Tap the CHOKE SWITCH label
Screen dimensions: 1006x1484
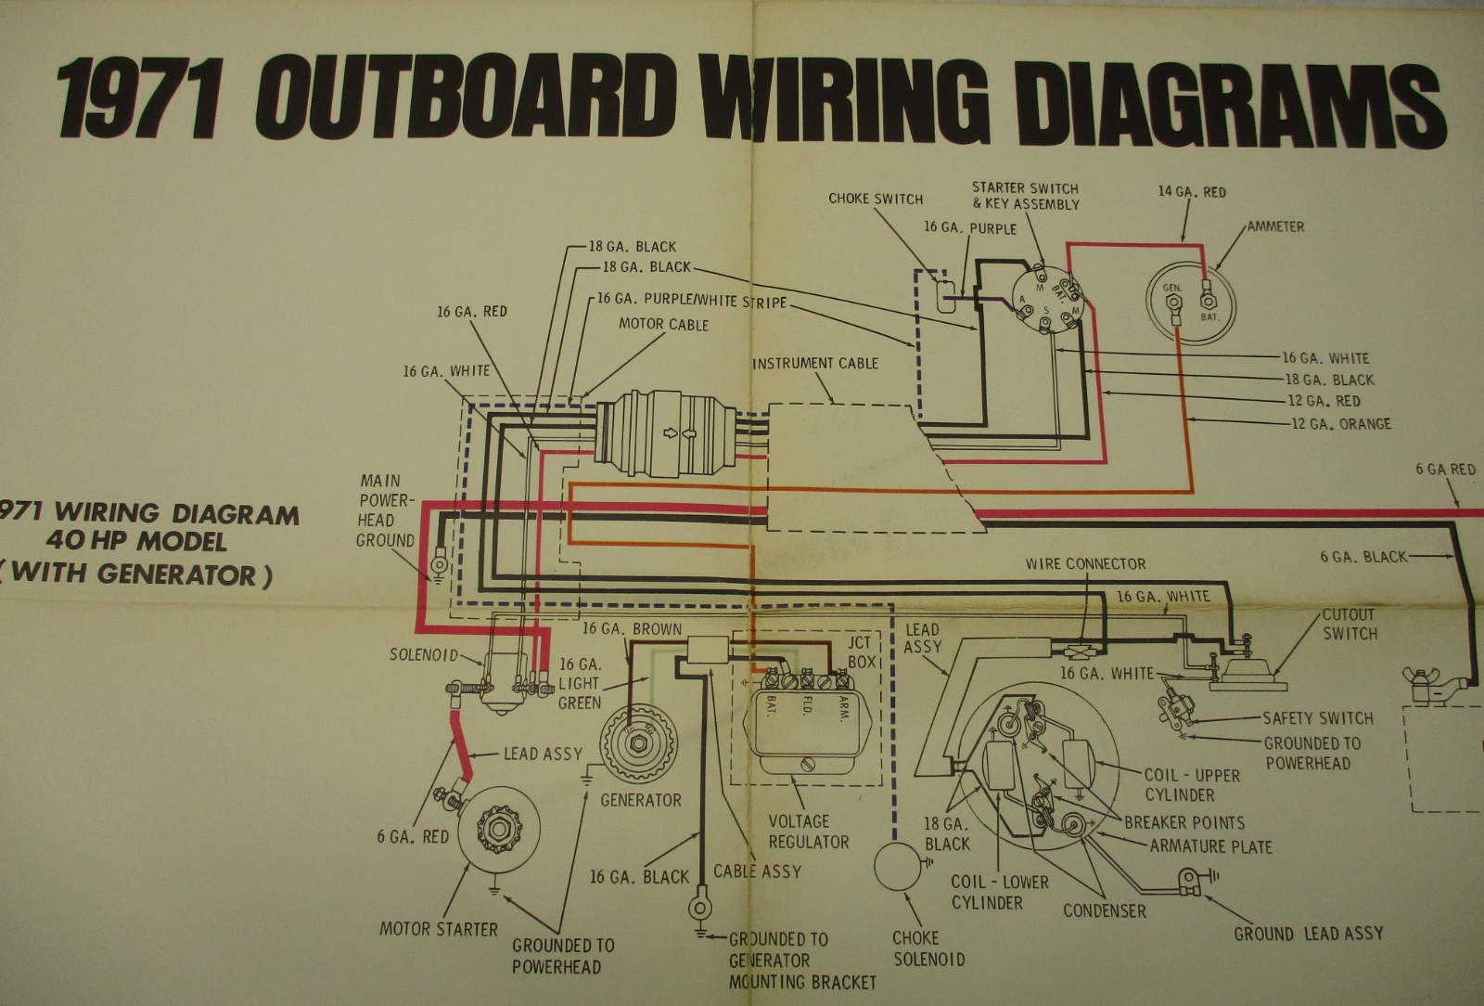point(876,199)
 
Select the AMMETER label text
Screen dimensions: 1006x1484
point(1275,226)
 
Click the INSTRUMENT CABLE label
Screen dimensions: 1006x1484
point(815,363)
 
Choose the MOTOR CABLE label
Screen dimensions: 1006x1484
point(663,324)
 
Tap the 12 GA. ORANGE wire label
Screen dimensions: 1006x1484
point(1341,423)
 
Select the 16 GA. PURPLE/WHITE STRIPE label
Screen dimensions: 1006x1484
point(691,300)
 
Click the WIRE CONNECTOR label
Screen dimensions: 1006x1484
point(1085,563)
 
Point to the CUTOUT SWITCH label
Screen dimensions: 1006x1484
point(1350,624)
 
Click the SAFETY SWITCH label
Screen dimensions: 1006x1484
point(1317,717)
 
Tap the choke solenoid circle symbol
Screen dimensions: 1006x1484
point(896,865)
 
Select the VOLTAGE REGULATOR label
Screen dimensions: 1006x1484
point(808,832)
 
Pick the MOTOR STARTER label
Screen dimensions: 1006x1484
point(439,929)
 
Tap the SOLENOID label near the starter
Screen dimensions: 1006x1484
point(424,654)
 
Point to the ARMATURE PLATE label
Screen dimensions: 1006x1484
point(1210,846)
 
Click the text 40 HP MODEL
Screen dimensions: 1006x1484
point(136,540)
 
